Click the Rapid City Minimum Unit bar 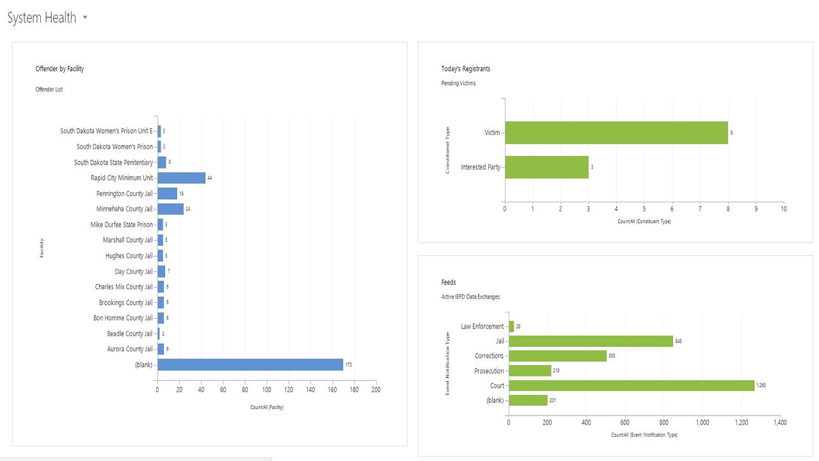point(181,178)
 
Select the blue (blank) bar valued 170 point(250,365)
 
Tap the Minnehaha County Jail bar point(170,209)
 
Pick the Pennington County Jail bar point(167,193)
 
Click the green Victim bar point(616,133)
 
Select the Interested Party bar point(546,167)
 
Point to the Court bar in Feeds point(632,385)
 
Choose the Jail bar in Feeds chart point(591,341)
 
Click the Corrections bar point(557,356)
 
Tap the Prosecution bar point(530,371)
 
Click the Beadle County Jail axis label point(130,334)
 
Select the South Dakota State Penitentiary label point(113,163)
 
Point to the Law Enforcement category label point(482,327)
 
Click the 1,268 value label point(761,385)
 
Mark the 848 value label point(678,341)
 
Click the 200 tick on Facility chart point(376,390)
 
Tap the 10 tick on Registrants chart point(784,209)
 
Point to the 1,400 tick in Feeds point(780,423)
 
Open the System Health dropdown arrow point(85,17)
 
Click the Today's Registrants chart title point(466,69)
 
